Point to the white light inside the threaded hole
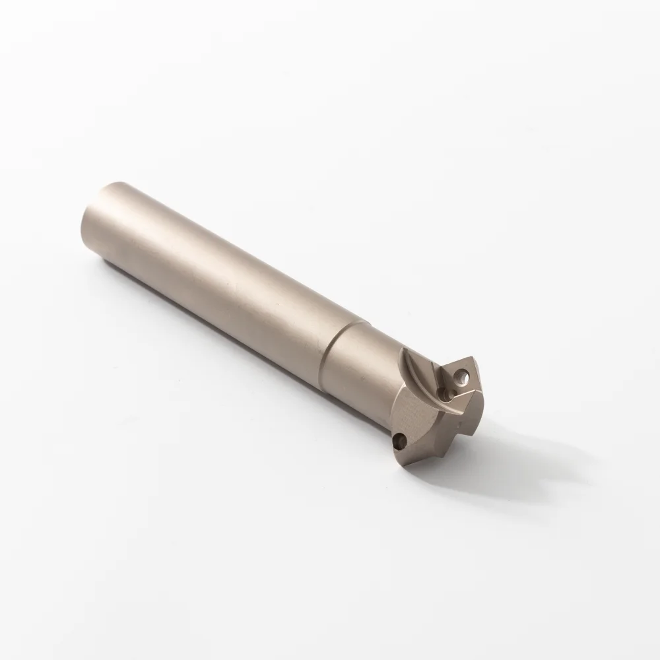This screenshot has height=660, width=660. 462,376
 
